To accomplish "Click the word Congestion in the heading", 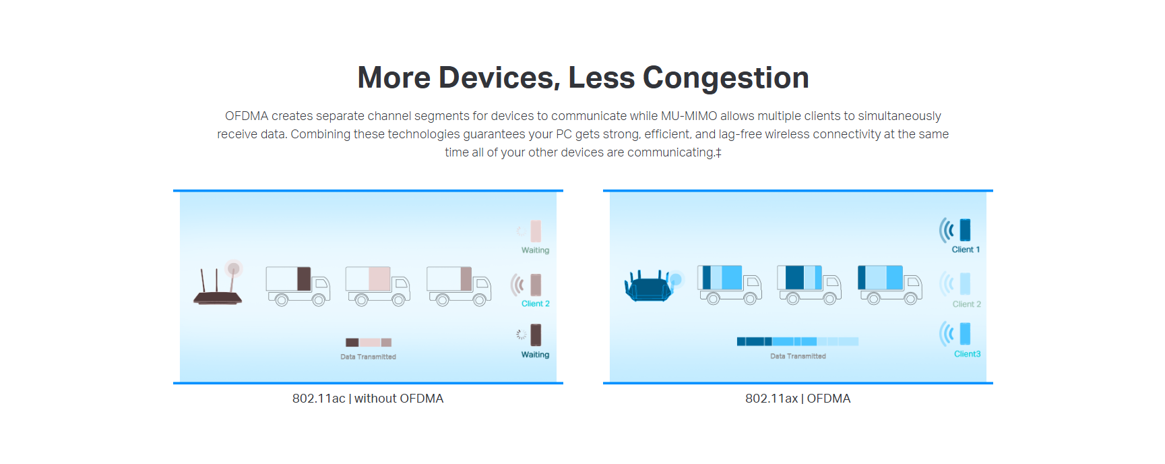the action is click(726, 78).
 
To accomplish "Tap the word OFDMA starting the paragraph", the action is click(247, 116).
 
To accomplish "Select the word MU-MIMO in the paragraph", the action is click(689, 116).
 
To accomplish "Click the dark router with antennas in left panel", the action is click(218, 285).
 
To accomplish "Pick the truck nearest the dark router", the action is click(298, 285).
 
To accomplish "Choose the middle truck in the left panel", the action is click(378, 285).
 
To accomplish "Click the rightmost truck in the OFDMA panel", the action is click(890, 284).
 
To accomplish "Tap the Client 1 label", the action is click(966, 250).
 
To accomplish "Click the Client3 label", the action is click(967, 354).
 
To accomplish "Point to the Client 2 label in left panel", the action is click(536, 303).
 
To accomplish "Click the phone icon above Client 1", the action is click(965, 230).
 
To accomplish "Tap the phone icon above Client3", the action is click(965, 334).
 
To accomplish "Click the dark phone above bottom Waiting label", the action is click(536, 335).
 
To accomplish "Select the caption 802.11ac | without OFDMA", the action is click(368, 399).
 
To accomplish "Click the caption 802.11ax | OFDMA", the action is click(798, 399).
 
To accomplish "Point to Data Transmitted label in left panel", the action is click(368, 357).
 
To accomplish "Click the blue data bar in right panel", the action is click(798, 341).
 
